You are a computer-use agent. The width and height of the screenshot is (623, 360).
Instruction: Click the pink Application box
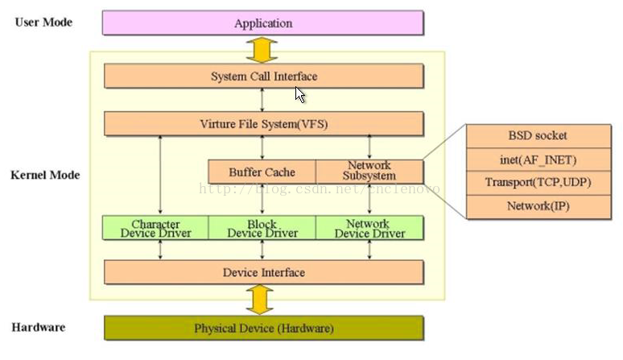[x=262, y=23]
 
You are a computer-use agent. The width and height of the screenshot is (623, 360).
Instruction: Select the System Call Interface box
[x=263, y=77]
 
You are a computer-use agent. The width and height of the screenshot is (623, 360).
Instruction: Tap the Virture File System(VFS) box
[x=263, y=124]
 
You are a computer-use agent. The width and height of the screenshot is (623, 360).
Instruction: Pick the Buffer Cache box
[x=262, y=172]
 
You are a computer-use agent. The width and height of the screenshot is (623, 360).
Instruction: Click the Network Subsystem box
[x=369, y=172]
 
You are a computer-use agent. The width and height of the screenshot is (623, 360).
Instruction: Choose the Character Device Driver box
[x=155, y=228]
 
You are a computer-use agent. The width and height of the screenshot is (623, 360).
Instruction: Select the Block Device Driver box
[x=262, y=228]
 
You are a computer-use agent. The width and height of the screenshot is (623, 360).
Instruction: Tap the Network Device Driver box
[x=369, y=228]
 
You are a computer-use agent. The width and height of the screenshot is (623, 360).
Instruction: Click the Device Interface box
[x=263, y=272]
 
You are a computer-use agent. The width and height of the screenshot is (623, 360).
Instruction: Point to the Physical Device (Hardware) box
[x=263, y=329]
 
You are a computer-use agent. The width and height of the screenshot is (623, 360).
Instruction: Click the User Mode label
[x=43, y=22]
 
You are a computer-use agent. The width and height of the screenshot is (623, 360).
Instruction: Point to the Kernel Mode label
[x=45, y=175]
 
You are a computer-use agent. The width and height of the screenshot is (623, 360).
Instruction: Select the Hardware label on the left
[x=39, y=328]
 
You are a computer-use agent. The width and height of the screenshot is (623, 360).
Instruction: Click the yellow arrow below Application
[x=262, y=49]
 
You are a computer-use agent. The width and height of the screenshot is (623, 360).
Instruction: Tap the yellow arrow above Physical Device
[x=259, y=300]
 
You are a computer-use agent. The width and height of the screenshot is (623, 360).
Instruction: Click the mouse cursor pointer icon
[x=299, y=94]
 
